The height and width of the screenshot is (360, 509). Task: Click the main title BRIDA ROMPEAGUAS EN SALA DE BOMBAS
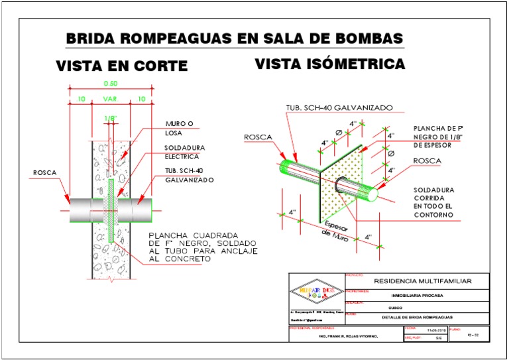click(x=235, y=39)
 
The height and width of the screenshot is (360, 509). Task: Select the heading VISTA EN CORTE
click(x=121, y=66)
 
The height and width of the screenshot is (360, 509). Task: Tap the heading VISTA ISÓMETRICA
click(x=330, y=64)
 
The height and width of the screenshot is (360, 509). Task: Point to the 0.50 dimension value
click(x=111, y=84)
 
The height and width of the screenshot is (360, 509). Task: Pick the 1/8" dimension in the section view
click(x=111, y=119)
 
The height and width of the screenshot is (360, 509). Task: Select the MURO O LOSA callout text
click(x=178, y=128)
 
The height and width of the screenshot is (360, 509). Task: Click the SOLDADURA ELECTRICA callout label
click(x=182, y=152)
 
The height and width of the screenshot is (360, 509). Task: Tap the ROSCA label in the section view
click(x=45, y=173)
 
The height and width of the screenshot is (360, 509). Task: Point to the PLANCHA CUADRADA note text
click(x=201, y=247)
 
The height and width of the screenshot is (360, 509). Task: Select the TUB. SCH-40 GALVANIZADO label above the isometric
click(x=339, y=107)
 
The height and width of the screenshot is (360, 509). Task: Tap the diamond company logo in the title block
click(x=315, y=292)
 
